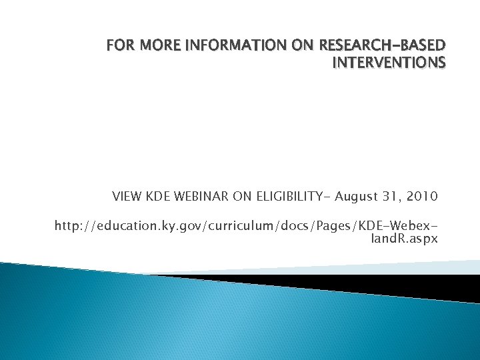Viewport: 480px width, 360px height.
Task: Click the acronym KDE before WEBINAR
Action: [x=157, y=197]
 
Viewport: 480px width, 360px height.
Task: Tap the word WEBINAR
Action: [x=200, y=197]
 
